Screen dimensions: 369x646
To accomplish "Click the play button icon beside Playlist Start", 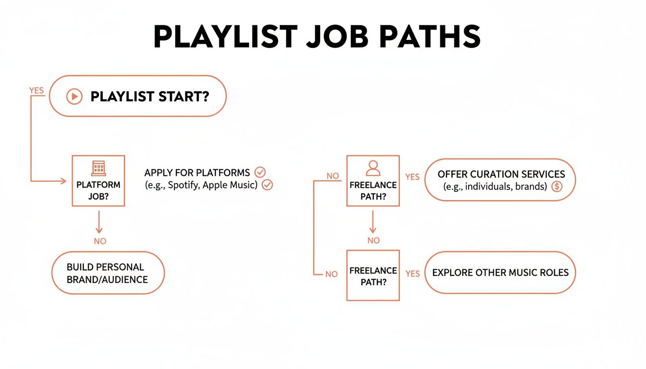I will (74, 97).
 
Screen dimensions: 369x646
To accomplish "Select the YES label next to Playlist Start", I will (37, 91).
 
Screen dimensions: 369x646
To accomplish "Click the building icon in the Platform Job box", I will (98, 168).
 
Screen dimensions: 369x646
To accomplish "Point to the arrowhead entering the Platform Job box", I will (63, 181).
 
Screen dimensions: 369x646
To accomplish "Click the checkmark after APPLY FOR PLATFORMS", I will (260, 172).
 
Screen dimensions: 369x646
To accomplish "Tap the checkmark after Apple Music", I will (267, 185).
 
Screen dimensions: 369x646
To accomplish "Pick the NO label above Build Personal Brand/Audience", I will (100, 241).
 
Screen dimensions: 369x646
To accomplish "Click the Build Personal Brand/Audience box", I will (108, 273).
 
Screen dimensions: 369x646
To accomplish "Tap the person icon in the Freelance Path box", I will (373, 168).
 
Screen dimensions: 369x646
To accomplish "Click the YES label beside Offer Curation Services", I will (412, 177).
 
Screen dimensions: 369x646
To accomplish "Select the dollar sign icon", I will (557, 187).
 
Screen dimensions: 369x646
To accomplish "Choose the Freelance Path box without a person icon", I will (373, 276).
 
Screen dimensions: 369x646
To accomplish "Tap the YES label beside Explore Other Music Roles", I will (412, 273).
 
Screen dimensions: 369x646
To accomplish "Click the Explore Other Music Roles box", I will (500, 273).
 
